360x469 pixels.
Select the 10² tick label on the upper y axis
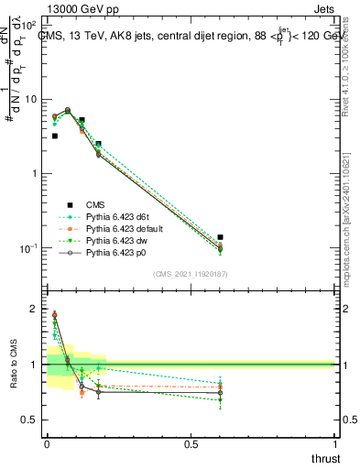29,23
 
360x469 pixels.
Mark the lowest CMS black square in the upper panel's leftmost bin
55,136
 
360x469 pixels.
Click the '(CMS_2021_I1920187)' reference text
191,273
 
